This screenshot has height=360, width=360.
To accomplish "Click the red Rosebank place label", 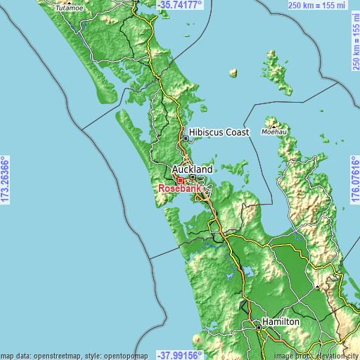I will (x=181, y=189).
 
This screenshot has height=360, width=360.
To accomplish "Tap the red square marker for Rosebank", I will (x=180, y=181).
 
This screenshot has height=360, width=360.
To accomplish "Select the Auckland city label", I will (x=192, y=169).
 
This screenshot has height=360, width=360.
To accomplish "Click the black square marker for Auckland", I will (x=191, y=177).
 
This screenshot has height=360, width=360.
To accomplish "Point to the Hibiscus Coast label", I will (x=219, y=131).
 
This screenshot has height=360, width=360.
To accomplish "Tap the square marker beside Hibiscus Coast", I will (x=186, y=139).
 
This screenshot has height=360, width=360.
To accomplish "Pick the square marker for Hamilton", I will (x=258, y=326).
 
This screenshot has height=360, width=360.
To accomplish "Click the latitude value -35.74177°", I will (x=180, y=4).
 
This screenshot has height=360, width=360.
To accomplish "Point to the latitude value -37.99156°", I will (x=180, y=354).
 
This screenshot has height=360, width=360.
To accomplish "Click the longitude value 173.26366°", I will (x=5, y=180).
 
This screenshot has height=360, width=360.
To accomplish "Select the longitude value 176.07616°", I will (x=354, y=180).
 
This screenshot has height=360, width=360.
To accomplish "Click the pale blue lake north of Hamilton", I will (x=248, y=271).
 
